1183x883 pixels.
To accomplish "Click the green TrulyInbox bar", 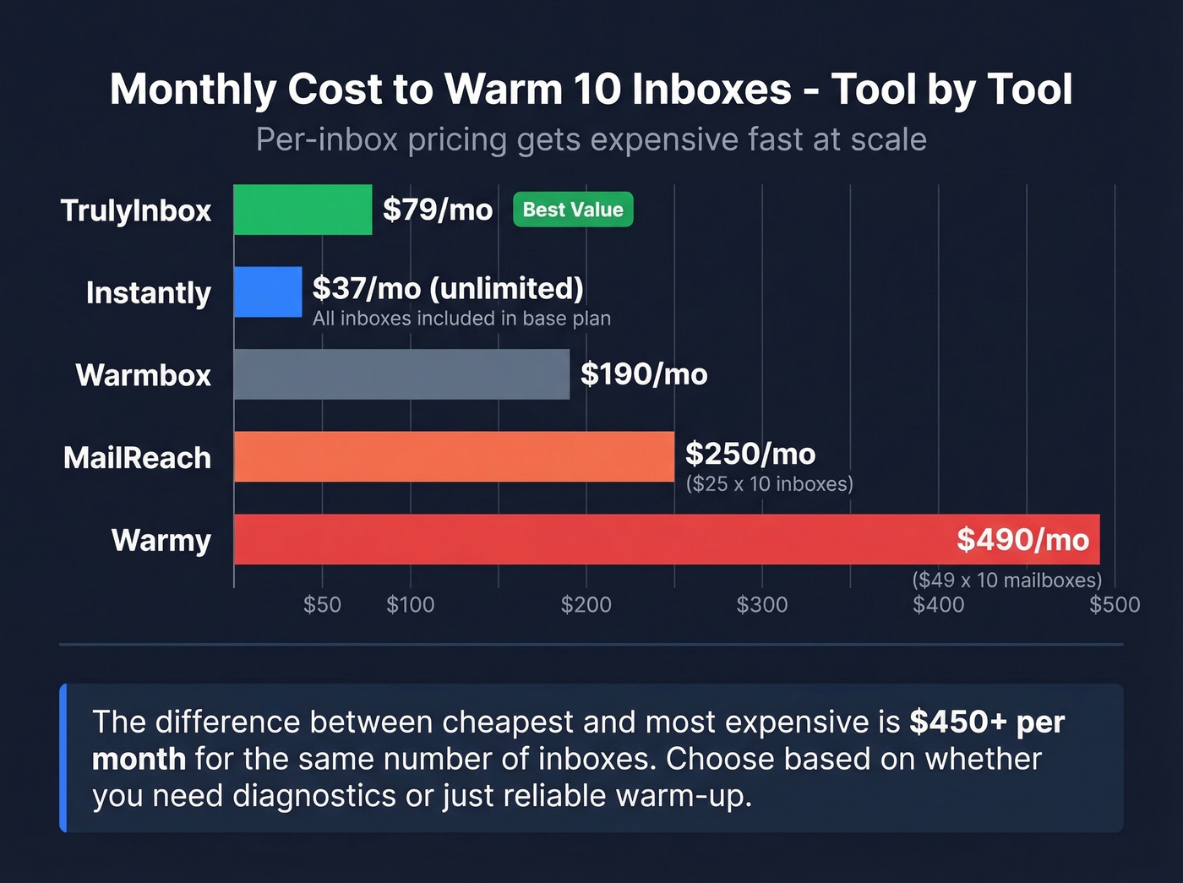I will coord(303,210).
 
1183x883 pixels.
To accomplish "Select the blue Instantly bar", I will coord(268,292).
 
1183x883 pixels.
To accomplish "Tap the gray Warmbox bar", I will coord(401,374).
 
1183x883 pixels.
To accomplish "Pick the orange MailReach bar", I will coord(454,456).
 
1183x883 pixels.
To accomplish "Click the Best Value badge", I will coord(573,210).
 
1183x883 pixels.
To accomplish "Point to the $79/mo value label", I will coord(438,210).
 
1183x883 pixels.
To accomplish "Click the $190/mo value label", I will coord(644,374).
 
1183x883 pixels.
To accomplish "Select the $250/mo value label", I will coord(750,454).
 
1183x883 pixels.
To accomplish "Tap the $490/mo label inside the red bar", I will coord(1022,539).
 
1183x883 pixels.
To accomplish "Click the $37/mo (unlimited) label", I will coord(448,288).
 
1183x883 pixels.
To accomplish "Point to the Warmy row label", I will coord(161,540).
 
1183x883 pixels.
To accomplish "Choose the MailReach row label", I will coord(138,458).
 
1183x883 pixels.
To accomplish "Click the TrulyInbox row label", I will coord(136,210).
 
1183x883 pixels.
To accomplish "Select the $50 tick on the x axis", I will coord(322,604).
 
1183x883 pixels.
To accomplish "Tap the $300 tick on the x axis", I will coord(762,604).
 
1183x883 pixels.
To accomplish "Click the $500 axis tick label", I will coord(1115,604).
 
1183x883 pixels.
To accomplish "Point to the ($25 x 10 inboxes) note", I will coord(769,483).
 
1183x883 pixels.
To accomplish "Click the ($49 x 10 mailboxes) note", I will coord(1006,580).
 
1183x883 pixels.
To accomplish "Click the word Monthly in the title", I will coord(193,90).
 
